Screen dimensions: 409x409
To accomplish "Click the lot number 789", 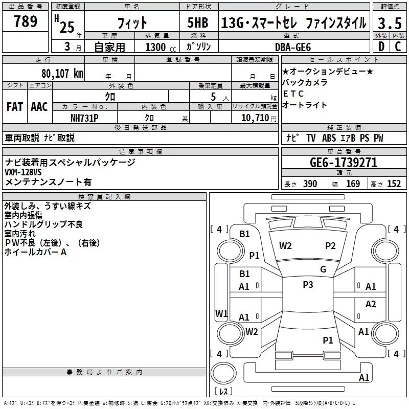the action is pos(25,22).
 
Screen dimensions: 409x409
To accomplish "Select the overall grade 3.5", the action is pos(389,23).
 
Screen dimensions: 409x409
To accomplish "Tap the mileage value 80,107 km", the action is pos(62,73).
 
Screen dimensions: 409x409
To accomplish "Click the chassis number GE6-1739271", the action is pos(344,163).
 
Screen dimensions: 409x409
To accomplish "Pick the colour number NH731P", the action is pos(85,118).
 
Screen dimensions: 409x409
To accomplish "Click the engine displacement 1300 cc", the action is pos(156,47).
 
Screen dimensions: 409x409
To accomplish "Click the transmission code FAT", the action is pos(14,107).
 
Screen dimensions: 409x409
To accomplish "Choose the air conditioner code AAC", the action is pos(39,107).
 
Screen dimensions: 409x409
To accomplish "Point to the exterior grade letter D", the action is pos(380,47).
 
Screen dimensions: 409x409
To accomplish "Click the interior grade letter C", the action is pos(397,47).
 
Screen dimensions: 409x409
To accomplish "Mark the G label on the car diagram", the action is pos(323,269).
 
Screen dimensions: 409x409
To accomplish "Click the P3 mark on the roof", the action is pos(308,285).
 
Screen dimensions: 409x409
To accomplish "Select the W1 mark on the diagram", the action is pos(221,313).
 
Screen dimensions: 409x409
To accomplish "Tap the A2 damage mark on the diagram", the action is pos(371,304).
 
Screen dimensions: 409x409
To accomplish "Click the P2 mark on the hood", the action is pos(330,246).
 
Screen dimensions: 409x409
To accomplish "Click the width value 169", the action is pos(353,184).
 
